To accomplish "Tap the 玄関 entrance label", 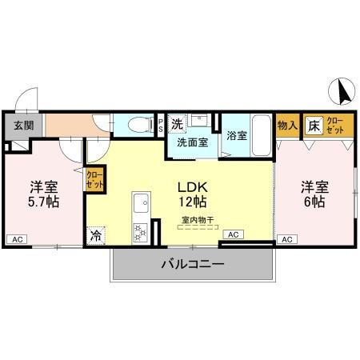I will pos(22,125).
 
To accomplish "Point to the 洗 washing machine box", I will pos(178,123).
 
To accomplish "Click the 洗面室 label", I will pos(192,142).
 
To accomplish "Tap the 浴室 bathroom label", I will pos(235,137).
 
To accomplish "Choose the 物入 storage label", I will pos(287,125).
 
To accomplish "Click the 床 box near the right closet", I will pos(314,125).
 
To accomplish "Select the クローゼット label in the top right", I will pos(335,125).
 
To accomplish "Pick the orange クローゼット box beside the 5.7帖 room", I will pos(94,178).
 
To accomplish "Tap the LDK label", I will pos(194,185).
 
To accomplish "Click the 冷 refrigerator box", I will pos(96,236).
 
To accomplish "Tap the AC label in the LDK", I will pos(233,234).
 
